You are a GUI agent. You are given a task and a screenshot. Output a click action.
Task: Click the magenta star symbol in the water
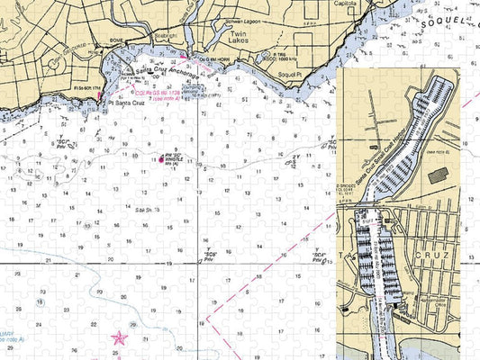tap(119, 338)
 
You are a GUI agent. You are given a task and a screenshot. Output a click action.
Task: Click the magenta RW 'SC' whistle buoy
tap(162, 160)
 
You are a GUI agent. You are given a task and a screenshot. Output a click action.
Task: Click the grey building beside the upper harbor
tap(441, 178)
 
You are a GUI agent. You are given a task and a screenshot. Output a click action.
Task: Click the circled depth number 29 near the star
tap(133, 324)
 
